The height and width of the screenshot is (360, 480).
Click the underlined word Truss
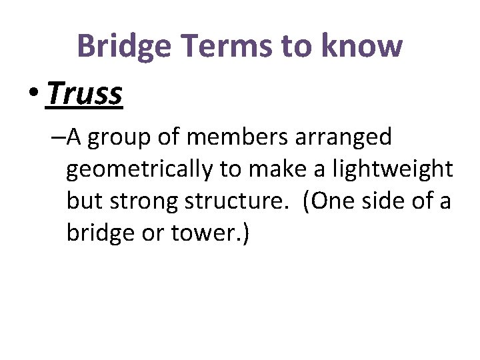coord(85,94)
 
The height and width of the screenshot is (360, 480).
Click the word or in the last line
coord(155,234)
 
